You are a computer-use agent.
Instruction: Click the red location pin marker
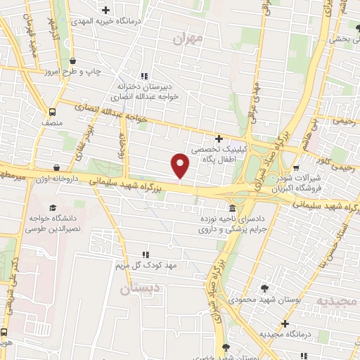click(x=181, y=165)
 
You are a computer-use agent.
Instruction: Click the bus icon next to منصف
click(x=52, y=112)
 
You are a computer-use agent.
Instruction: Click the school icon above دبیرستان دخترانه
click(x=144, y=76)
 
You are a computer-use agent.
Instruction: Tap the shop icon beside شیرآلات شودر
click(x=296, y=169)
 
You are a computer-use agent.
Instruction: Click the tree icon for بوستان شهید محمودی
click(x=264, y=288)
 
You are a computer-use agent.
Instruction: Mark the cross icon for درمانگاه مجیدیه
click(x=285, y=323)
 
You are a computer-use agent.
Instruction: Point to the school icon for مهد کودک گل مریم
click(x=146, y=255)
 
